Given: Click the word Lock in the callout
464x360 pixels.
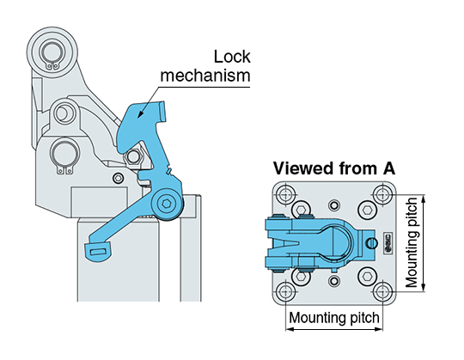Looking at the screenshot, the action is click(232, 57).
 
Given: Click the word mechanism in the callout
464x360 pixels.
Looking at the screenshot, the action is click(205, 76).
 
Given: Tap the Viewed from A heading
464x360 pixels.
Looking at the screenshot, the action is click(333, 168).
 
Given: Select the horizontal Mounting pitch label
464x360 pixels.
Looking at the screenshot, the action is click(334, 318).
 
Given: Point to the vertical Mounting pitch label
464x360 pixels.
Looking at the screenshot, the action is click(412, 243).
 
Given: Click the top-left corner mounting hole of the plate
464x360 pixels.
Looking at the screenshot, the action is click(286, 195).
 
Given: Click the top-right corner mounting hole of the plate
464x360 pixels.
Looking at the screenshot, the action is click(382, 195).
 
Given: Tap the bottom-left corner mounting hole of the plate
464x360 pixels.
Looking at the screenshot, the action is click(286, 291).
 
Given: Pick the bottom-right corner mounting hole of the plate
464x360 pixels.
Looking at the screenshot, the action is click(382, 291).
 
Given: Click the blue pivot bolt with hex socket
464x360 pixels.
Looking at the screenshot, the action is click(168, 204).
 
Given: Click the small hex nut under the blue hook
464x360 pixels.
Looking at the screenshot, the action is click(133, 156).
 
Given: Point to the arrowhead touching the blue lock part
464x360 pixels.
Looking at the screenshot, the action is click(140, 115).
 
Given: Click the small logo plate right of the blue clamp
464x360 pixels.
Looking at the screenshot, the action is click(388, 243).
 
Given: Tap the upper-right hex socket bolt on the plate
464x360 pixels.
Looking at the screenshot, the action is click(368, 210).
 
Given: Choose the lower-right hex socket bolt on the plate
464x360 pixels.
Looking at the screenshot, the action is click(368, 277).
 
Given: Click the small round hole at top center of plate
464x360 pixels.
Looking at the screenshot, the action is click(334, 204).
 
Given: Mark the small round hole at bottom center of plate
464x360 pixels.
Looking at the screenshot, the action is click(334, 280).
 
